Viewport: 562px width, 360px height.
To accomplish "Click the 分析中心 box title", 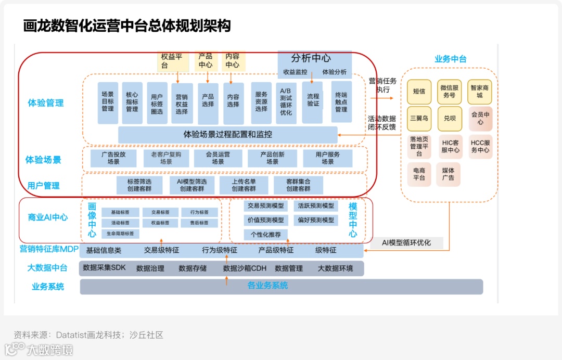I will click(x=311, y=58).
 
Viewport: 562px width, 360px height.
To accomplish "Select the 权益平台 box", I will click(x=171, y=61).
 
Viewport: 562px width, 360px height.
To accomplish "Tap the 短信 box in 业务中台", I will click(x=419, y=92).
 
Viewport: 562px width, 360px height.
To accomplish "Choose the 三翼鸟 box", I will click(x=419, y=118).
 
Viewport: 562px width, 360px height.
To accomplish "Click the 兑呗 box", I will click(x=449, y=118).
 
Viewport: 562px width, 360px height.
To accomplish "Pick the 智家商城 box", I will click(x=480, y=92).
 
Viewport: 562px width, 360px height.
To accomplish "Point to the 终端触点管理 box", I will click(x=341, y=102).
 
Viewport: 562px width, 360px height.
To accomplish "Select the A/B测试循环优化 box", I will click(x=286, y=102).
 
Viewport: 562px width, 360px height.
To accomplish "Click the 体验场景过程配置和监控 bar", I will click(x=227, y=134).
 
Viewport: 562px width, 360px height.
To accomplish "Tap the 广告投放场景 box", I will click(x=113, y=158).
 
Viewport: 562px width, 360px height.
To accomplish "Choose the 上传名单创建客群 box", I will click(x=244, y=185).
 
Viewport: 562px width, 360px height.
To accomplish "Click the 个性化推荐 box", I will click(x=265, y=235).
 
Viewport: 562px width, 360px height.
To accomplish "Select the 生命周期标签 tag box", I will click(x=120, y=234).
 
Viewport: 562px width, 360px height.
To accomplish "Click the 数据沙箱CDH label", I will click(x=245, y=268).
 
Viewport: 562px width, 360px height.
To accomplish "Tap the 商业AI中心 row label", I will click(x=48, y=217).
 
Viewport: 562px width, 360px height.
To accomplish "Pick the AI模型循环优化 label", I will click(x=406, y=242).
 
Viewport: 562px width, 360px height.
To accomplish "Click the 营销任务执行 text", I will click(x=382, y=85).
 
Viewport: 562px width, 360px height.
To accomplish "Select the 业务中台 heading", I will click(x=450, y=59).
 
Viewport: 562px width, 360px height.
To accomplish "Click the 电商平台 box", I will click(x=419, y=174).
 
